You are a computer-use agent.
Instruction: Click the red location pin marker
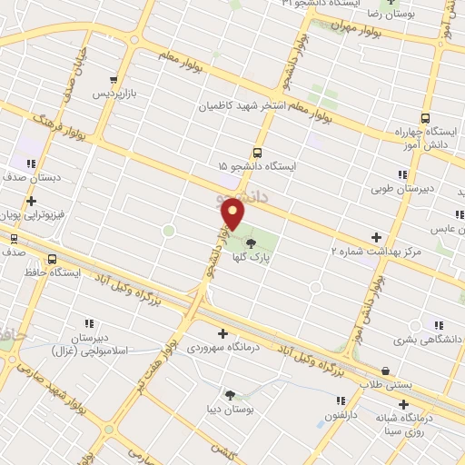click(x=233, y=215)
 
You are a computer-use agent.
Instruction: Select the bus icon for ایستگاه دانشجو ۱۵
click(x=257, y=153)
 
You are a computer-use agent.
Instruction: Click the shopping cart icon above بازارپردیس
click(x=113, y=80)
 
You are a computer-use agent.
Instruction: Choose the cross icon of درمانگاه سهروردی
click(x=223, y=332)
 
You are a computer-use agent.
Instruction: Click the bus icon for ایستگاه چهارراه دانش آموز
click(x=425, y=118)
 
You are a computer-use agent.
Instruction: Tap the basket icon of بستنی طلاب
click(x=386, y=371)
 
